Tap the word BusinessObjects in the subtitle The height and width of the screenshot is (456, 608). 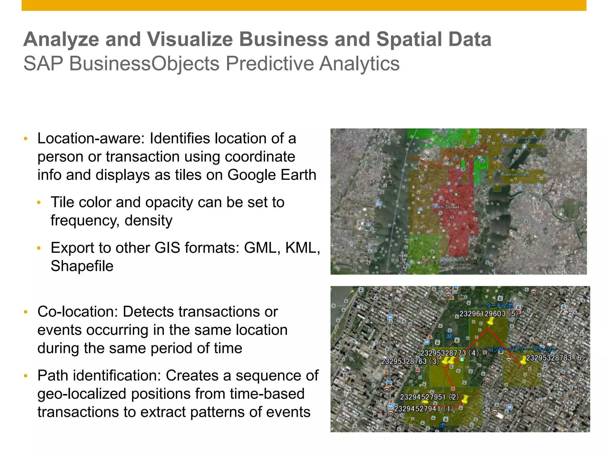[144, 64]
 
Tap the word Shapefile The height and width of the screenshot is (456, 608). [82, 266]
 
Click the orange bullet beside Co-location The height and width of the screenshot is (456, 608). [26, 312]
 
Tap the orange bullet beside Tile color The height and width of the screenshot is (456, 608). [39, 203]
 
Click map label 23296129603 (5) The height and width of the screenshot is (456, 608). [488, 314]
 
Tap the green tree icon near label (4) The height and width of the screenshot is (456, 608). [462, 360]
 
